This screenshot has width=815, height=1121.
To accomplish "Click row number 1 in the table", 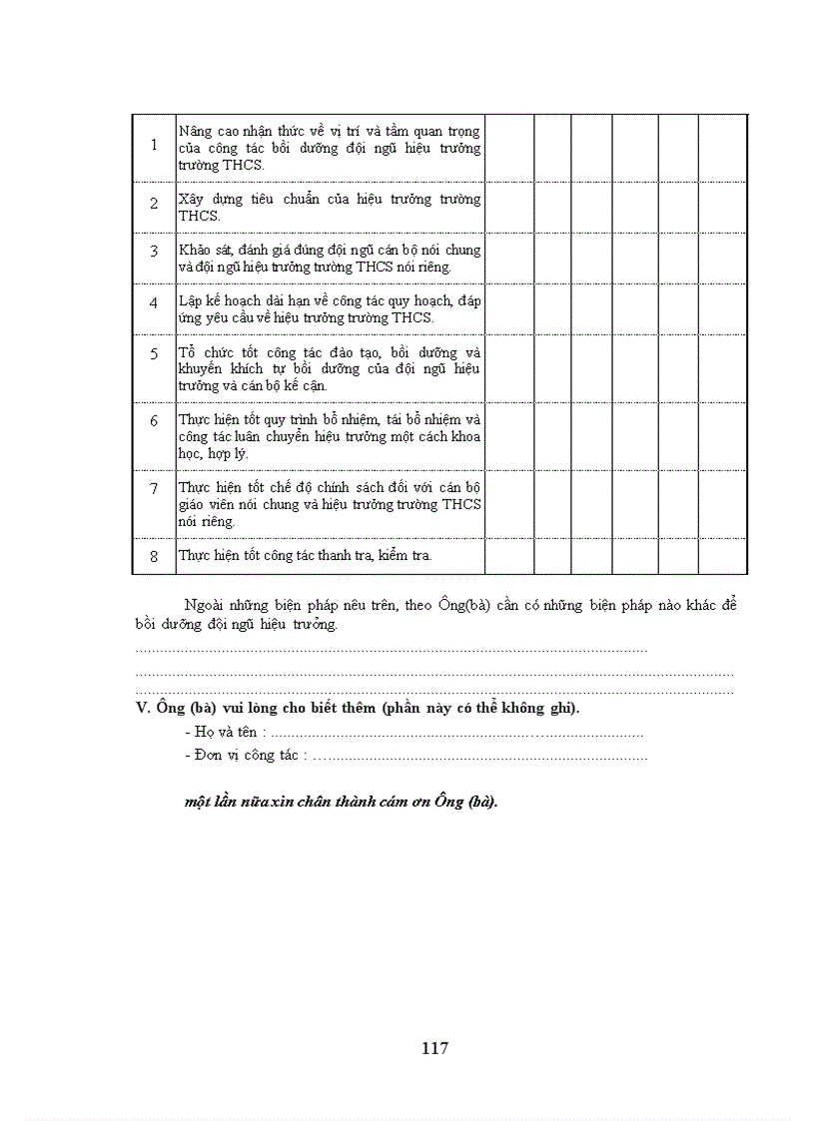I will point(154,146).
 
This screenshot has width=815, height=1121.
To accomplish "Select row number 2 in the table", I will point(154,204).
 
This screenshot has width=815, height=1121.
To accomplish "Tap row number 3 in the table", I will point(154,252).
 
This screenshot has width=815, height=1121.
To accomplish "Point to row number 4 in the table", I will point(154,302).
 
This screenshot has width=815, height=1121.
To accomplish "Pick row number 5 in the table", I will point(154,353).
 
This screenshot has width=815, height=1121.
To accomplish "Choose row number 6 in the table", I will point(154,421).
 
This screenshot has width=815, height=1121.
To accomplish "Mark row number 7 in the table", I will point(154,488).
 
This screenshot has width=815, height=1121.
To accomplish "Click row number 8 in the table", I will point(154,556).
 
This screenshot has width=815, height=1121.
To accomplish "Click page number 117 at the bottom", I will point(434,1048).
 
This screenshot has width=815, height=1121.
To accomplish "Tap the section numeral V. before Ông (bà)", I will point(141,709).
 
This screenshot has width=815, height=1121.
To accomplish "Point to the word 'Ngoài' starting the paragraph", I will point(205,605).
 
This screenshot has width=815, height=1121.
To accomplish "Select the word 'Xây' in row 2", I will point(191,199).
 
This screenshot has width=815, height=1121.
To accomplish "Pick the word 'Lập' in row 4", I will point(190,300).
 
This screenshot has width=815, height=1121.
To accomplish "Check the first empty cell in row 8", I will point(509,556).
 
